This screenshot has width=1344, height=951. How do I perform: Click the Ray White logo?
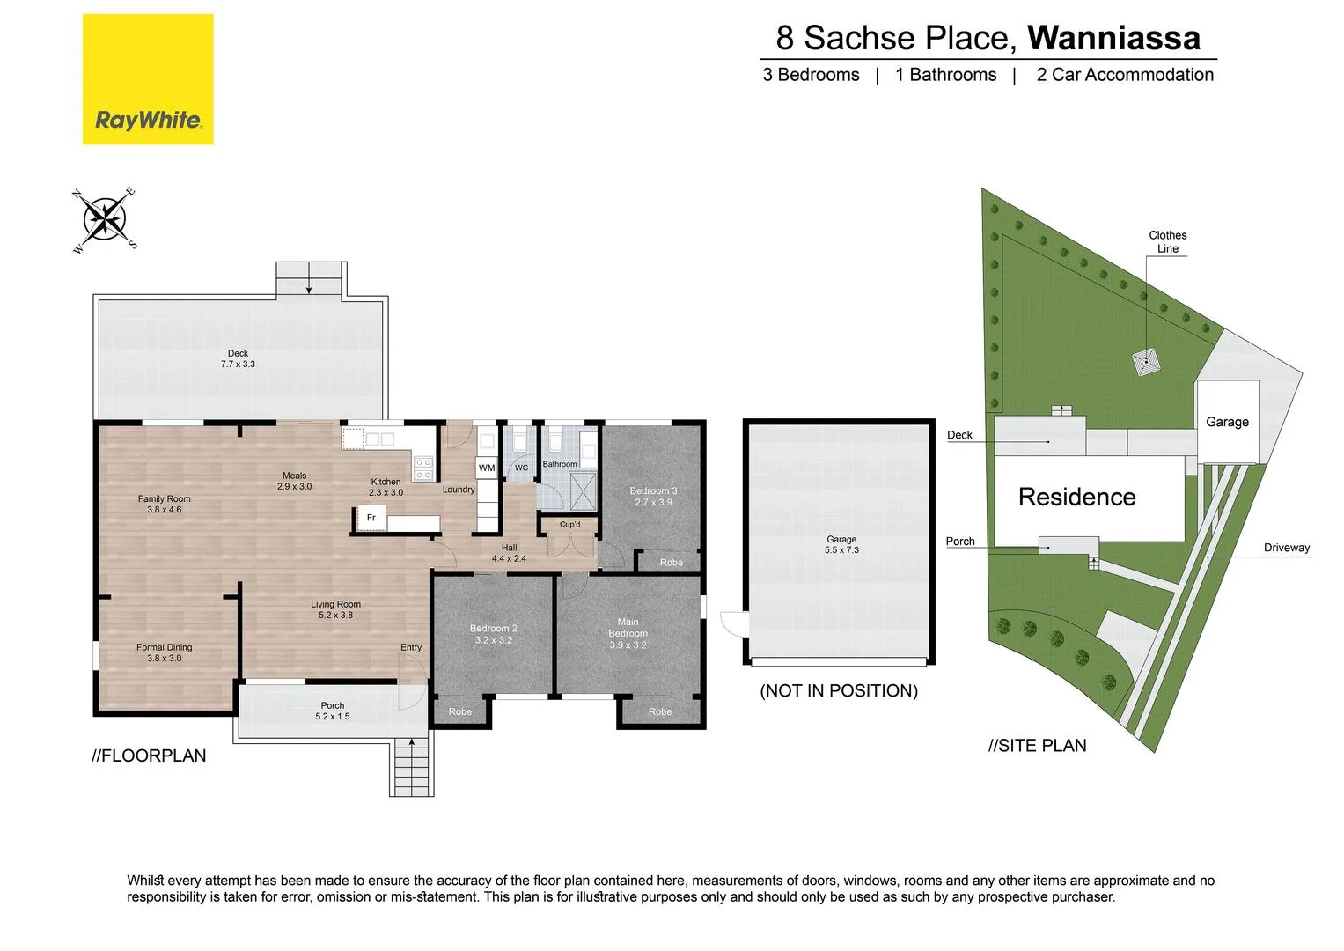tap(148, 79)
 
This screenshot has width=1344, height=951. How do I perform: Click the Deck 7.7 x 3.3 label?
tap(238, 358)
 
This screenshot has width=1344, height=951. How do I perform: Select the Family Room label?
tap(164, 504)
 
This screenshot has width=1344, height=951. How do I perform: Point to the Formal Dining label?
tap(164, 652)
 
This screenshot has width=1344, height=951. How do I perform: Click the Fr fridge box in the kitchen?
tap(371, 518)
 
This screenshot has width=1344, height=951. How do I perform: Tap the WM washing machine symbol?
tap(487, 468)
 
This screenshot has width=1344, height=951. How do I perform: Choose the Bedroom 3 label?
tap(653, 496)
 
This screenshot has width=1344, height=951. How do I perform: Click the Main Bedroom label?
tap(628, 633)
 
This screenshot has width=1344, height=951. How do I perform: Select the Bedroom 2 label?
tap(493, 634)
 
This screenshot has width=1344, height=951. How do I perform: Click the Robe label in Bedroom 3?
tap(671, 563)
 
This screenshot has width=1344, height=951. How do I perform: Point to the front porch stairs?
tap(411, 765)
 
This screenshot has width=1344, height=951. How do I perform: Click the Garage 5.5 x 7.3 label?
tap(841, 544)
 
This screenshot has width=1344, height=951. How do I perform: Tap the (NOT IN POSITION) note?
tap(839, 691)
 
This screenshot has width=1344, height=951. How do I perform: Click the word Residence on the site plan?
tap(1076, 498)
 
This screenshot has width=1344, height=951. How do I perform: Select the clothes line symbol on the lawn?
tap(1146, 361)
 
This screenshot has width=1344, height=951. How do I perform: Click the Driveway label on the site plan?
tap(1286, 548)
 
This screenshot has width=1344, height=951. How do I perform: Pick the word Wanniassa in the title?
tap(1113, 38)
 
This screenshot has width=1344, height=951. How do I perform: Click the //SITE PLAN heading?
tap(1037, 746)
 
